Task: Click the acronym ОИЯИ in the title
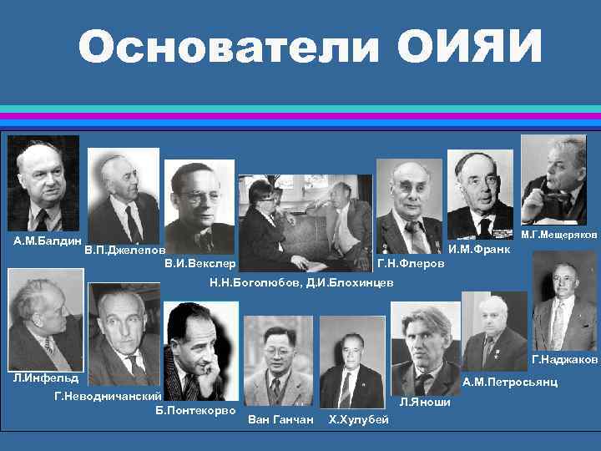(x=470, y=48)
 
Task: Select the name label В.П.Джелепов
(x=124, y=250)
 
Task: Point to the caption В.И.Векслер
(x=200, y=264)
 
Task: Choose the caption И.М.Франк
(x=479, y=249)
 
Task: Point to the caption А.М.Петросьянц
(x=510, y=382)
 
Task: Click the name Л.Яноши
(x=425, y=402)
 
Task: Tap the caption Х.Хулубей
(x=359, y=418)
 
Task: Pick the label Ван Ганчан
(x=280, y=418)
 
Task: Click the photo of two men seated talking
(x=304, y=222)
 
